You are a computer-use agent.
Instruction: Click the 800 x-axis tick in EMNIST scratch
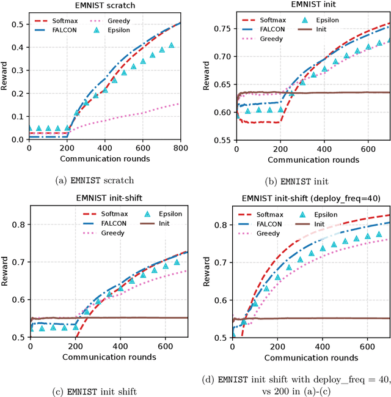tap(181, 149)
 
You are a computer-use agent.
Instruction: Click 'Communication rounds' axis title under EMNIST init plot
tap(312, 160)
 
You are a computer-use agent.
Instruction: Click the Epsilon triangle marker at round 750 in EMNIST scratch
tap(172, 45)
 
